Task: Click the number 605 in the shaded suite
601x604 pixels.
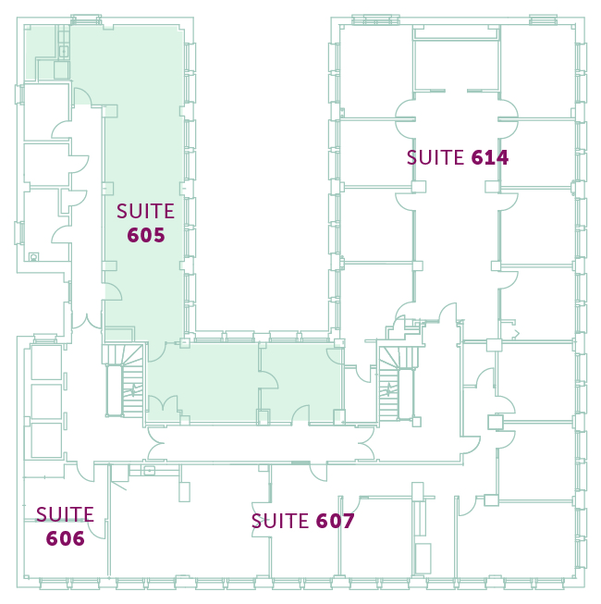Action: pos(146,235)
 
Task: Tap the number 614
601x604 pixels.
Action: pos(490,157)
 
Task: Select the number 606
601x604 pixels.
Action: pos(65,538)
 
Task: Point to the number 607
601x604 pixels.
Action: pos(335,521)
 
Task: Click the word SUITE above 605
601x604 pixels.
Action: pos(145,211)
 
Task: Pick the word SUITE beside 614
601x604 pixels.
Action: pos(435,157)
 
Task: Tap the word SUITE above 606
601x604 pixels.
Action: pos(65,514)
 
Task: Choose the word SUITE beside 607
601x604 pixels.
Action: pos(280,521)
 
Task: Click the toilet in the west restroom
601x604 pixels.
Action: pos(34,256)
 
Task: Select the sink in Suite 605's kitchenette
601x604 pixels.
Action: pos(64,51)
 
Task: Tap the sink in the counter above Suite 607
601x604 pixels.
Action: pos(149,470)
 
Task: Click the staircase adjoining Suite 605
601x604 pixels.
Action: pos(124,380)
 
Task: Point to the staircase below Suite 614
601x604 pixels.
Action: pos(398,383)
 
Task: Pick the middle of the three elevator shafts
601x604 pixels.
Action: pos(46,401)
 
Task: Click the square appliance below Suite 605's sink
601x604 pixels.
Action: pos(62,70)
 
